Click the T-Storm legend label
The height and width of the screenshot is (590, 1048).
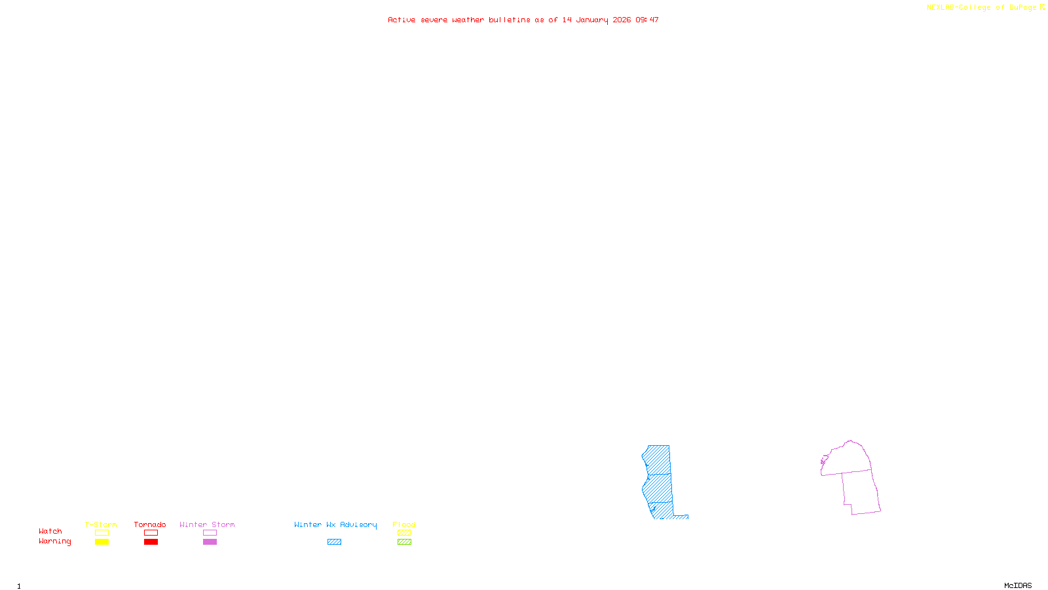(x=101, y=524)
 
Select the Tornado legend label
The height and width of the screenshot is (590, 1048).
(x=150, y=524)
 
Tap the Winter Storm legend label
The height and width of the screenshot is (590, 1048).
(x=207, y=524)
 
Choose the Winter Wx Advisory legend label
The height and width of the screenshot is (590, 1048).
(x=335, y=524)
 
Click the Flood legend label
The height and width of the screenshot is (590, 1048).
(x=404, y=524)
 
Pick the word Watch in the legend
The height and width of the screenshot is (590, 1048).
(x=50, y=531)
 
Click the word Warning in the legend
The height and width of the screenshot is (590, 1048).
(x=55, y=541)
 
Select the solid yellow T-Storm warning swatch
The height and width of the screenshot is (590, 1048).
(x=102, y=541)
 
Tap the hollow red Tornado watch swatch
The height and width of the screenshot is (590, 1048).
(x=151, y=532)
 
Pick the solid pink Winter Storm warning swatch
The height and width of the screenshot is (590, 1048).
(x=210, y=541)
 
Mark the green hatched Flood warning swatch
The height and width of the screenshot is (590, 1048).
(x=404, y=541)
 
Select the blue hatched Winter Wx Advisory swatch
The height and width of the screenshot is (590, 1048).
(x=334, y=541)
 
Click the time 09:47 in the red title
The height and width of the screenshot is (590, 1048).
(x=647, y=20)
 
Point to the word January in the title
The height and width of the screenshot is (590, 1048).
(x=592, y=20)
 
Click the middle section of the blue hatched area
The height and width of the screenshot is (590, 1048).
(x=658, y=488)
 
